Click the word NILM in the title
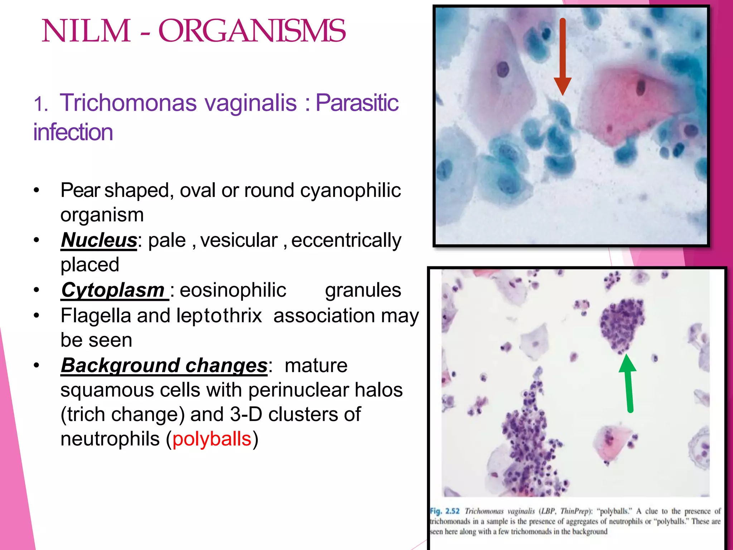[86, 31]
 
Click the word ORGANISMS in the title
[252, 31]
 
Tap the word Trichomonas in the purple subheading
[128, 103]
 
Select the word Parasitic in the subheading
[357, 103]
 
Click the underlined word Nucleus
[99, 240]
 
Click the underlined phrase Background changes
[164, 365]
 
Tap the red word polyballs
[212, 439]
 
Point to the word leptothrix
[219, 316]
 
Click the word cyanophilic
[350, 190]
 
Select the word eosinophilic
[233, 290]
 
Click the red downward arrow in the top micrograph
[563, 57]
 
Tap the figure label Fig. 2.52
[445, 511]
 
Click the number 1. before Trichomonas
[41, 105]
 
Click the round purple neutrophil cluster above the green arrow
[621, 324]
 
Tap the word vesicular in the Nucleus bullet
[239, 240]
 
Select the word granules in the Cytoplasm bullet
[363, 290]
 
